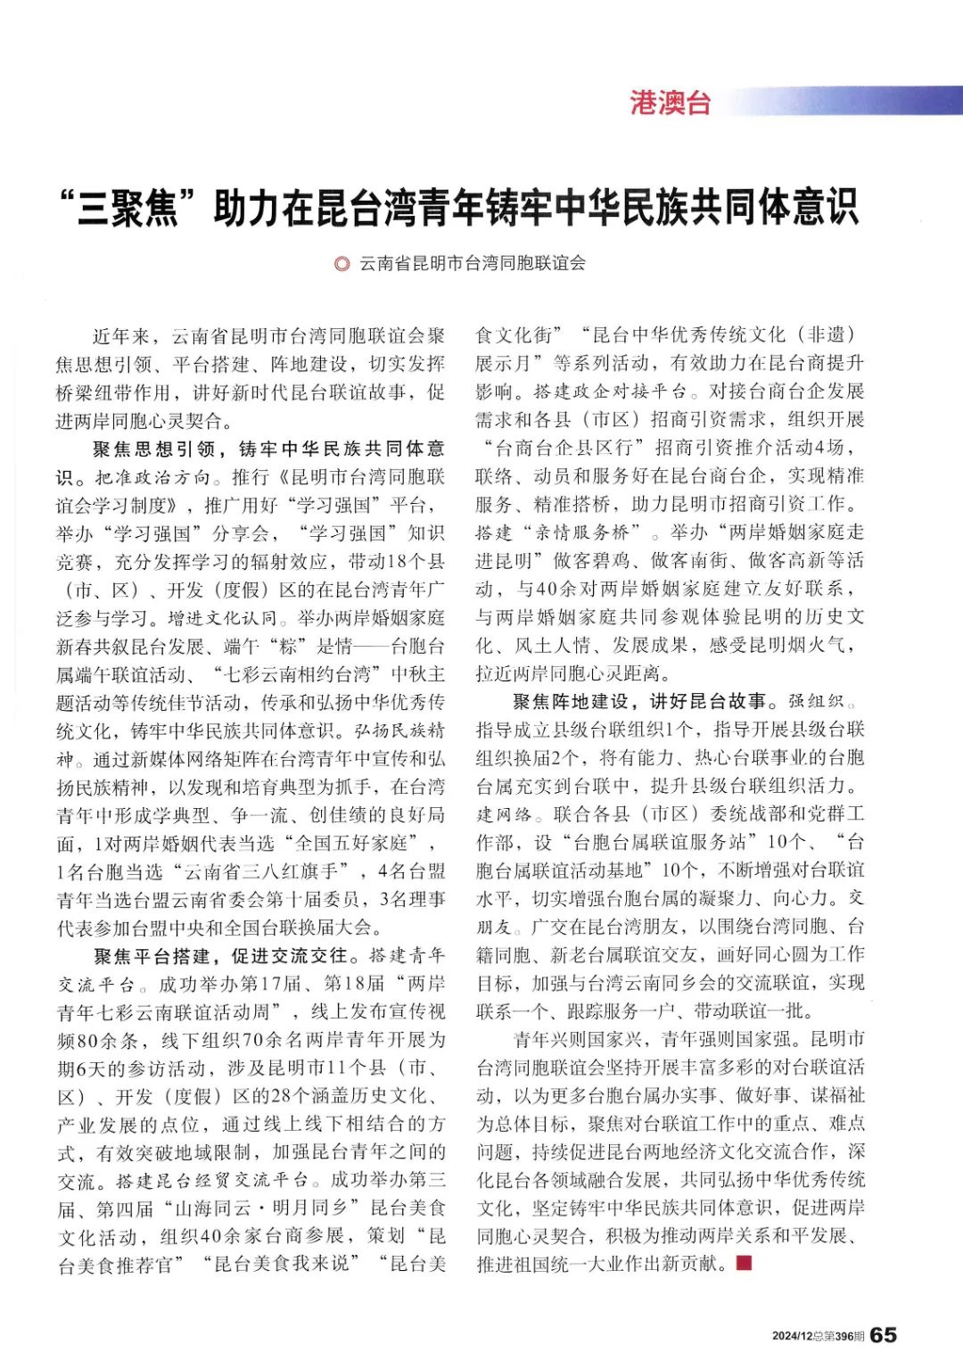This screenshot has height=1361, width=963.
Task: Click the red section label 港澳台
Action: click(x=671, y=103)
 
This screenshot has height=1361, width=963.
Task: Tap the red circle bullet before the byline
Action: click(x=341, y=264)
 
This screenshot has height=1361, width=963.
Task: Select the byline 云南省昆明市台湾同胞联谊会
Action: click(x=473, y=263)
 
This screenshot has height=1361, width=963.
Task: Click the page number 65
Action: click(x=884, y=1334)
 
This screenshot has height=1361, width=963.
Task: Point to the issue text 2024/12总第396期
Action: click(x=818, y=1336)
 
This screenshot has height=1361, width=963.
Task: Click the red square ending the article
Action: click(x=745, y=1263)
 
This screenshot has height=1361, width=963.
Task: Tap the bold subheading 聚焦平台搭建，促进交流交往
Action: click(x=221, y=956)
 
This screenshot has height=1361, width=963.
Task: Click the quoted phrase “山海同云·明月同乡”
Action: click(x=261, y=1209)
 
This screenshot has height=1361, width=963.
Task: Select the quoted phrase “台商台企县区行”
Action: click(x=562, y=448)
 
